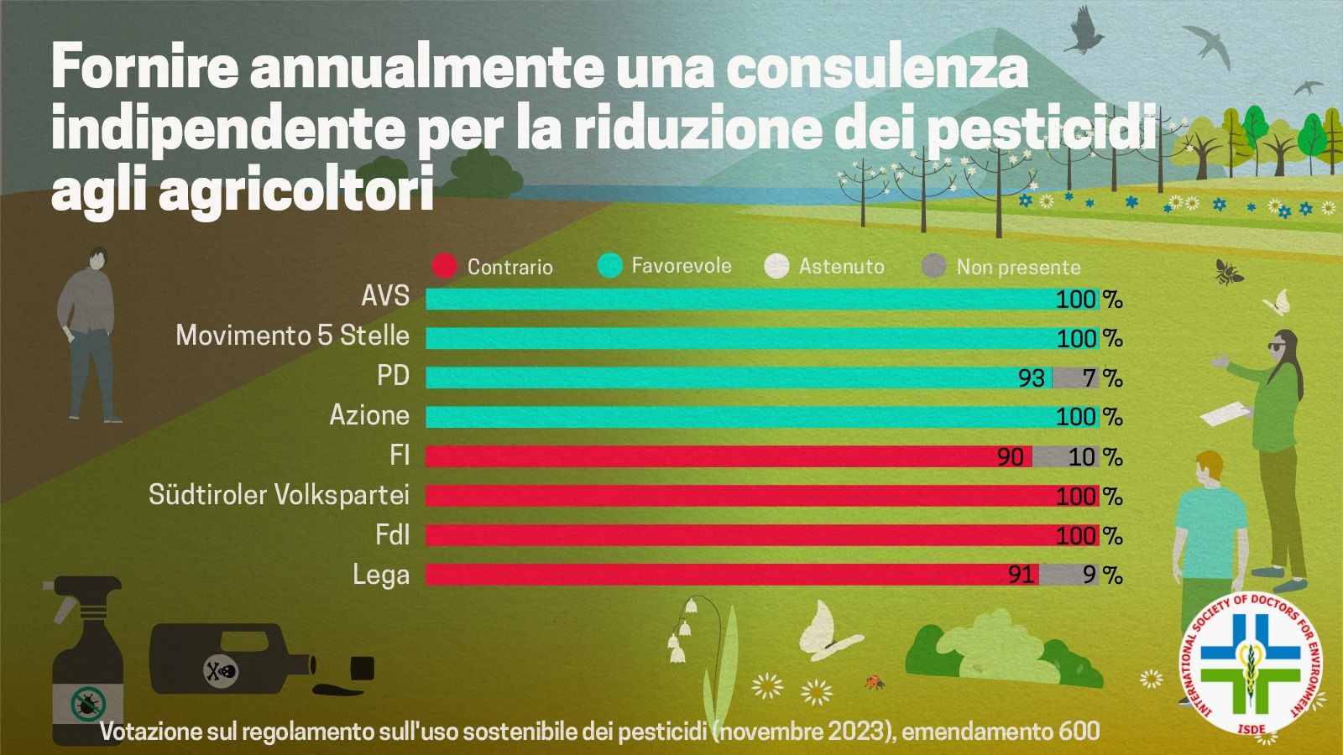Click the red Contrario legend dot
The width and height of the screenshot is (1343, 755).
pos(443,266)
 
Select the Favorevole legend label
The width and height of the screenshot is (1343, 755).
pos(681,266)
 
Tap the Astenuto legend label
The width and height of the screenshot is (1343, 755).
pos(841,267)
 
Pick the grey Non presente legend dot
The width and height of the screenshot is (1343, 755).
pos(933,267)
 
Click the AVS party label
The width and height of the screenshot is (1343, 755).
pos(385,296)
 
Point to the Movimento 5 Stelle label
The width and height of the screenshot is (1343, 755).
pos(292,336)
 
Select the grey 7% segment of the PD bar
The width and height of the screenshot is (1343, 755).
pos(1075,377)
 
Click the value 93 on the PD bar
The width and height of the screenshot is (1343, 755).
pos(1032,378)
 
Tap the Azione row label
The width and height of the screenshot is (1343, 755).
pos(369,415)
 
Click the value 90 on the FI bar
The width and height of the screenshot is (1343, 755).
pos(1011,456)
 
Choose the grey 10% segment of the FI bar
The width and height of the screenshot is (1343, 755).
pos(1065,456)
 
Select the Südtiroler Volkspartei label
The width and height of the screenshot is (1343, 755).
pos(279,495)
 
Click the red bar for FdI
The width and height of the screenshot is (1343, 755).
pos(739,535)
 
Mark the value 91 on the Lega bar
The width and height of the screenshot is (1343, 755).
pos(1021,575)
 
